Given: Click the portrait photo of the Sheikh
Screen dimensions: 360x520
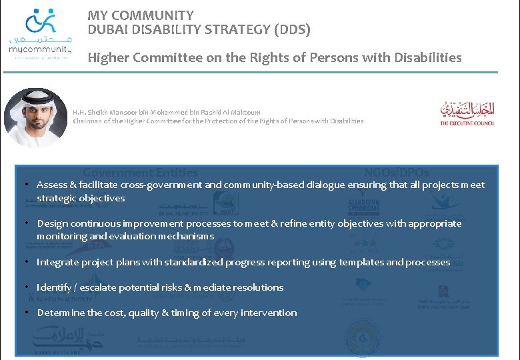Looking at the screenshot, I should [x=35, y=117].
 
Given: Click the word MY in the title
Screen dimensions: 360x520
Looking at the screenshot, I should [x=97, y=15].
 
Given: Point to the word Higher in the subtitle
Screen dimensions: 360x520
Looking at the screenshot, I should [x=108, y=58].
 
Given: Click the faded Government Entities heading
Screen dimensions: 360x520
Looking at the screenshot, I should [x=140, y=173].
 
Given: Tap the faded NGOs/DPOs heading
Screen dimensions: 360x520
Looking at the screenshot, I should [x=397, y=173].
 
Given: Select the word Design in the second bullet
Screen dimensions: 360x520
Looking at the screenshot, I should [x=52, y=223].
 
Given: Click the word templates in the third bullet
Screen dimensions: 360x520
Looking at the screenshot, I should [x=361, y=262].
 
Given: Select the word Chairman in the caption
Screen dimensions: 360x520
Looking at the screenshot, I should [x=89, y=121].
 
